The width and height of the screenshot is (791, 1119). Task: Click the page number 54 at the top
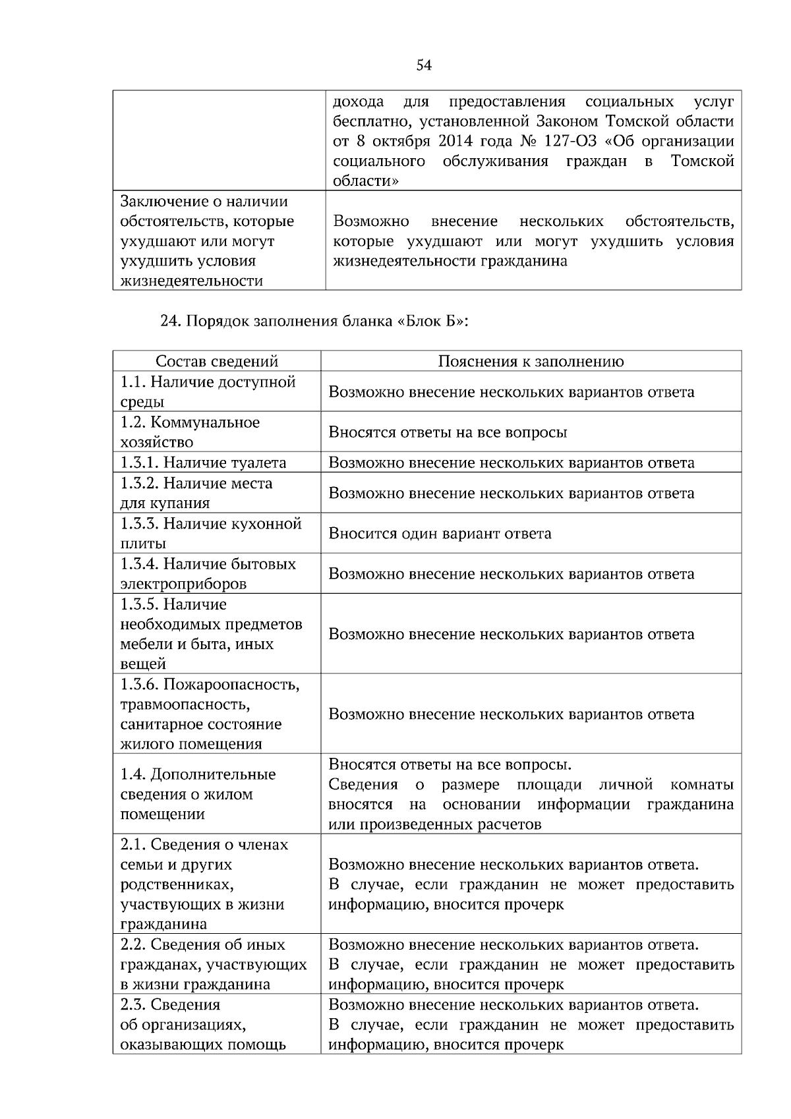pyautogui.click(x=424, y=65)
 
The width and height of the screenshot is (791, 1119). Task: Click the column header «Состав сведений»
pyautogui.click(x=217, y=361)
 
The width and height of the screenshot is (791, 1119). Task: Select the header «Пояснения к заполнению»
pyautogui.click(x=531, y=361)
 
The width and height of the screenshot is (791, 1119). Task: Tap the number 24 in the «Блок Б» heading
pyautogui.click(x=170, y=321)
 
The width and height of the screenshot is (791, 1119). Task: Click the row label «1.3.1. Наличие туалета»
pyautogui.click(x=203, y=463)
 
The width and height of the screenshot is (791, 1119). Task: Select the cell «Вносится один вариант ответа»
pyautogui.click(x=440, y=533)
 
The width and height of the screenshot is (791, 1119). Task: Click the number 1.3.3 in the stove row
pyautogui.click(x=139, y=523)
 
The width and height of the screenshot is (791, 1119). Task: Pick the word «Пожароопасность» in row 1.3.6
pyautogui.click(x=231, y=684)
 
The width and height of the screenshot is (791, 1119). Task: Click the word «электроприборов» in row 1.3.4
pyautogui.click(x=183, y=584)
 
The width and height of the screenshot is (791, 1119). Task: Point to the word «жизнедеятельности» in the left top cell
pyautogui.click(x=191, y=281)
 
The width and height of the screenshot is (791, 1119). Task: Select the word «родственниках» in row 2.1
pyautogui.click(x=177, y=884)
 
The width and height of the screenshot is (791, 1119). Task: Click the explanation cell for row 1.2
pyautogui.click(x=448, y=432)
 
